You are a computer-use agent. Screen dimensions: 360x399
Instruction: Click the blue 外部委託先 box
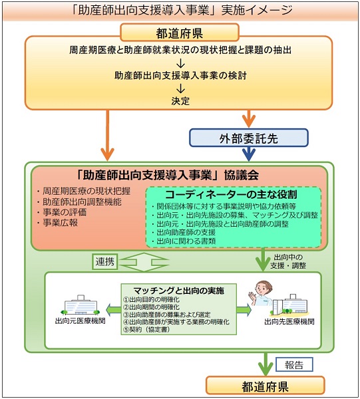pos(249,138)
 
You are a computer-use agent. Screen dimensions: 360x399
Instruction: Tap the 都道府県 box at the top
pos(180,33)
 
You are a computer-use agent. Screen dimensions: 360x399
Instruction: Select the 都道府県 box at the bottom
pos(265,386)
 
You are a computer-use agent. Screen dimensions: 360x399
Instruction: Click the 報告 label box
pos(294,364)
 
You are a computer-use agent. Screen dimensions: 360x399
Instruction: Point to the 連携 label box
pos(104,261)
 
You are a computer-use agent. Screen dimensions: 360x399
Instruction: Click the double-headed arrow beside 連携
pos(144,262)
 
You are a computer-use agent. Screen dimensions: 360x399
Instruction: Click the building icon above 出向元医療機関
pos(81,305)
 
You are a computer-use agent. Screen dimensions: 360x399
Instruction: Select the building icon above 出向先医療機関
pos(290,305)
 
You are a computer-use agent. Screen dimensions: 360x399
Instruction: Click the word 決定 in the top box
pos(180,101)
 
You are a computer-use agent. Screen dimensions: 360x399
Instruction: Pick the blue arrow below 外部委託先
pos(249,154)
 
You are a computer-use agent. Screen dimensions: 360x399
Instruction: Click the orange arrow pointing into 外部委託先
pos(249,119)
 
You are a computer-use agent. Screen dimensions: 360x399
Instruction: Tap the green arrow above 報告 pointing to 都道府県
pos(266,364)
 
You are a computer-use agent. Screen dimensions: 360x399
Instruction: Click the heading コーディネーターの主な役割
pos(231,195)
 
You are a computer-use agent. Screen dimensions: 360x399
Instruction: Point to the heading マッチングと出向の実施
pos(178,291)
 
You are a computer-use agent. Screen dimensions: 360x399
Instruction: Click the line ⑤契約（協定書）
pos(146,329)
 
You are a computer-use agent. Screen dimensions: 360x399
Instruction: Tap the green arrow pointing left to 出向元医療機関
pos(113,309)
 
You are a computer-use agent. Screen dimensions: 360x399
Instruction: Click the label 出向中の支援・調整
pos(288,261)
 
